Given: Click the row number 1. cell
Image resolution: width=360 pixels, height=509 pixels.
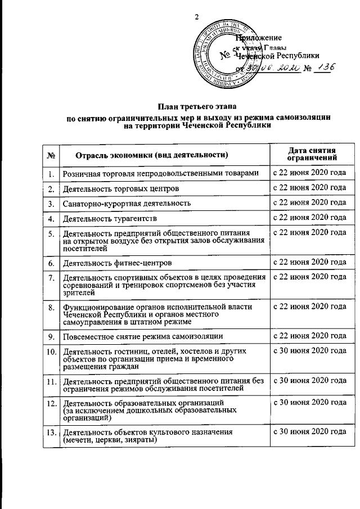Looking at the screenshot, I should (x=51, y=174).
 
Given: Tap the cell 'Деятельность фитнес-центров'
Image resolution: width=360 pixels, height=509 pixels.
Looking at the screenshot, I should (x=117, y=263).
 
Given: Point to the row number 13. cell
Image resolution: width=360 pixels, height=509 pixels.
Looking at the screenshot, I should (x=51, y=432).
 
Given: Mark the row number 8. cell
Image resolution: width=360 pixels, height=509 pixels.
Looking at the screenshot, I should (x=51, y=307).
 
